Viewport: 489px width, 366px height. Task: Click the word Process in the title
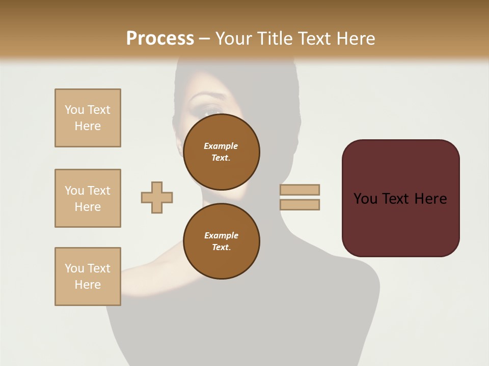click(160, 38)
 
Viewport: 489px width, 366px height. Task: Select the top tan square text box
click(88, 118)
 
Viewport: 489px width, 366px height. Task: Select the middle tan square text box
click(88, 198)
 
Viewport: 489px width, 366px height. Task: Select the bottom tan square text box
click(88, 276)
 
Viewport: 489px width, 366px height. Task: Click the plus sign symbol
click(157, 197)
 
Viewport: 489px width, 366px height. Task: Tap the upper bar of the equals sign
click(300, 190)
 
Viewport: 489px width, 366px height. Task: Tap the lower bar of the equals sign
click(300, 205)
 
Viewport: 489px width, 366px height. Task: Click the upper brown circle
click(221, 151)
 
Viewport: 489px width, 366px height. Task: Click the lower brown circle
click(221, 241)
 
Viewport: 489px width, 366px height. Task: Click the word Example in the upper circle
click(221, 146)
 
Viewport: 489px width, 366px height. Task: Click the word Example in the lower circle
click(221, 235)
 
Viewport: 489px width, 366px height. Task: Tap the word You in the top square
click(74, 110)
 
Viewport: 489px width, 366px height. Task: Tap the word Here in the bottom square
click(88, 285)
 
